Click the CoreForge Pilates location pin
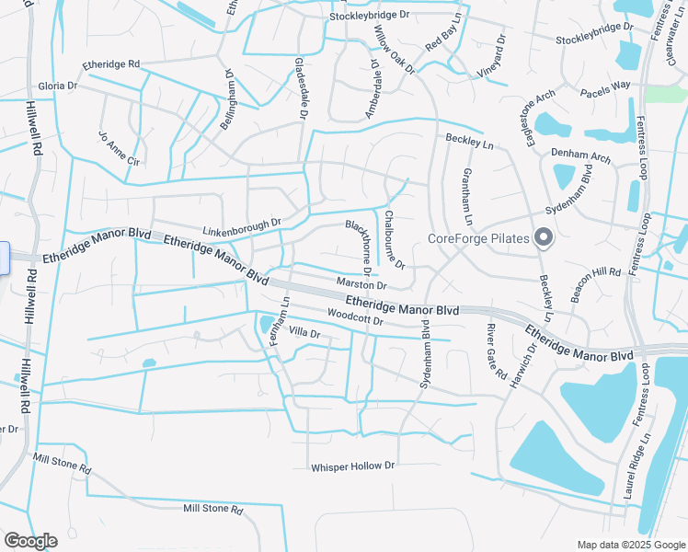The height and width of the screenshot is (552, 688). coord(543,237)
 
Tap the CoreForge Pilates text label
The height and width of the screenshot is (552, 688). coord(479,239)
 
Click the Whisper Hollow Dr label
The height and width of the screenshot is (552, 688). coord(352,466)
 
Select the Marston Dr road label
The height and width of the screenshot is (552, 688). coord(361,285)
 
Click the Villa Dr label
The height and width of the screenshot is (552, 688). coord(304,332)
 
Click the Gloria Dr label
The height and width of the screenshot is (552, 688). coord(57,86)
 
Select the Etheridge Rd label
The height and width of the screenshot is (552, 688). coord(110,64)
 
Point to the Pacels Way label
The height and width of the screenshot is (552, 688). coord(604,86)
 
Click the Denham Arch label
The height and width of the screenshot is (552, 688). coord(580,157)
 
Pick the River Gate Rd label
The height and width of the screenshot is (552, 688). coord(497,351)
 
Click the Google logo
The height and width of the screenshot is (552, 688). coord(30,541)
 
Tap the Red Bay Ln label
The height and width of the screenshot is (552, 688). coord(443,33)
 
